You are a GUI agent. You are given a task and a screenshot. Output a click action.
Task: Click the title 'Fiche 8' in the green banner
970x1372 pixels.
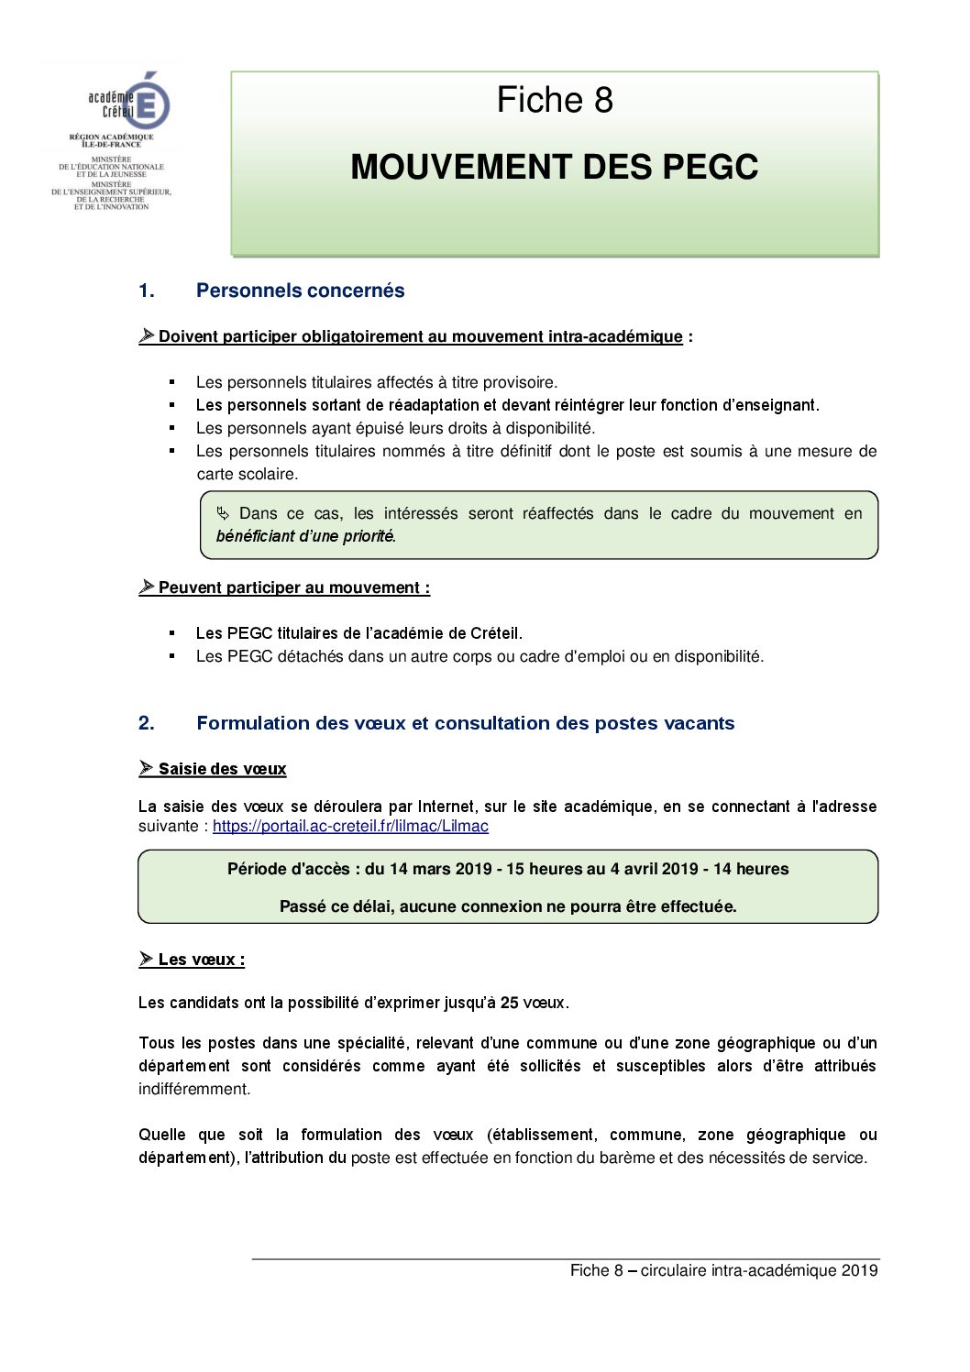[555, 100]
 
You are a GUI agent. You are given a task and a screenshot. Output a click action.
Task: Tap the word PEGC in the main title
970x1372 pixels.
[710, 167]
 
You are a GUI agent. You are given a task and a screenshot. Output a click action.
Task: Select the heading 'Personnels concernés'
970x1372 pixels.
[300, 291]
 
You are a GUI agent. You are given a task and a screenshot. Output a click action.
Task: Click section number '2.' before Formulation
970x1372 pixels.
[147, 723]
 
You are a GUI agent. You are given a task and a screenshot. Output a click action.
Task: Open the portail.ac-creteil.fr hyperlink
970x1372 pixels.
[350, 826]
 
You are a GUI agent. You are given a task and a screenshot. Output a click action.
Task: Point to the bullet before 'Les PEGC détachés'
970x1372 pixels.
[171, 656]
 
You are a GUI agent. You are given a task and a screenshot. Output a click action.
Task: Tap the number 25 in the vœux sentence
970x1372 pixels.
[510, 1003]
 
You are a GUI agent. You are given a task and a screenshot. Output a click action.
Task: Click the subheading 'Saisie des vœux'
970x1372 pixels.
[222, 769]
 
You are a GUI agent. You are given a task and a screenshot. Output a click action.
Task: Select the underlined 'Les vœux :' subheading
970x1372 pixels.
[201, 960]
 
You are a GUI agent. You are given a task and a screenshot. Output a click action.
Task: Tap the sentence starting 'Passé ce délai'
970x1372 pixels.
[508, 906]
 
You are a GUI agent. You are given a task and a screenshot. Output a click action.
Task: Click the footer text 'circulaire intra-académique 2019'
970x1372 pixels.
[759, 1270]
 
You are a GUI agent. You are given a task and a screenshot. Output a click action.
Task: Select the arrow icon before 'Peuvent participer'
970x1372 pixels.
[147, 587]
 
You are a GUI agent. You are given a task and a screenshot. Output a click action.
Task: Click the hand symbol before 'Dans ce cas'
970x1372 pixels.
[223, 513]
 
